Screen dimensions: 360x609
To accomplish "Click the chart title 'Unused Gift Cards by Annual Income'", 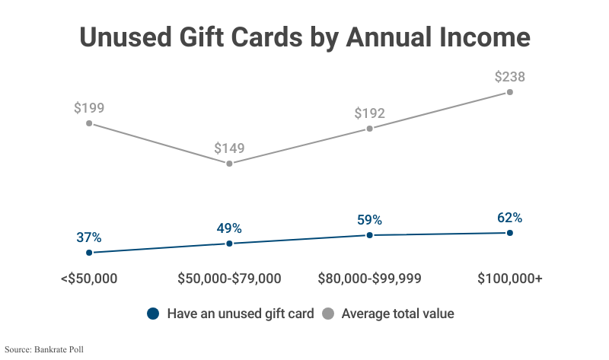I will click(x=304, y=37).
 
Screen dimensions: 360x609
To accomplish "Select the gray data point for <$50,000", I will click(x=89, y=123).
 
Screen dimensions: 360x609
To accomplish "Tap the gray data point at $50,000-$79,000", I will click(x=229, y=164).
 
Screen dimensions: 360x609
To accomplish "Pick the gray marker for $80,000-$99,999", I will click(x=369, y=129).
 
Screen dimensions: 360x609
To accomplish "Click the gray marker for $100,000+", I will click(x=509, y=92).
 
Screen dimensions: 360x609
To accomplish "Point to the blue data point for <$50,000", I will click(x=89, y=253).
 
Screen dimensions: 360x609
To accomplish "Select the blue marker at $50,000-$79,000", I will click(x=229, y=244).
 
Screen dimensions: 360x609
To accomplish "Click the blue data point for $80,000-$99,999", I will click(x=369, y=235).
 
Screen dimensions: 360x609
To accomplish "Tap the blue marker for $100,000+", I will click(x=509, y=233).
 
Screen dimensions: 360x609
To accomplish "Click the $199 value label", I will click(x=89, y=107).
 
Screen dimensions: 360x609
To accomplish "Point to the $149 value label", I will click(x=229, y=148).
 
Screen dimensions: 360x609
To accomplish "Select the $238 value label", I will click(x=509, y=76).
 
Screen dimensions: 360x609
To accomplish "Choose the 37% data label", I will click(x=89, y=237).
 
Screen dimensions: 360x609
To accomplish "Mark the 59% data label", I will click(x=369, y=220).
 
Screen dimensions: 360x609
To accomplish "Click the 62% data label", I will click(x=509, y=218).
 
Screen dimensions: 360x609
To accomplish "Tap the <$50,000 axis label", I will click(x=89, y=279).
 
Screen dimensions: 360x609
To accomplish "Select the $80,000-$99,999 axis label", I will click(x=369, y=279).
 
